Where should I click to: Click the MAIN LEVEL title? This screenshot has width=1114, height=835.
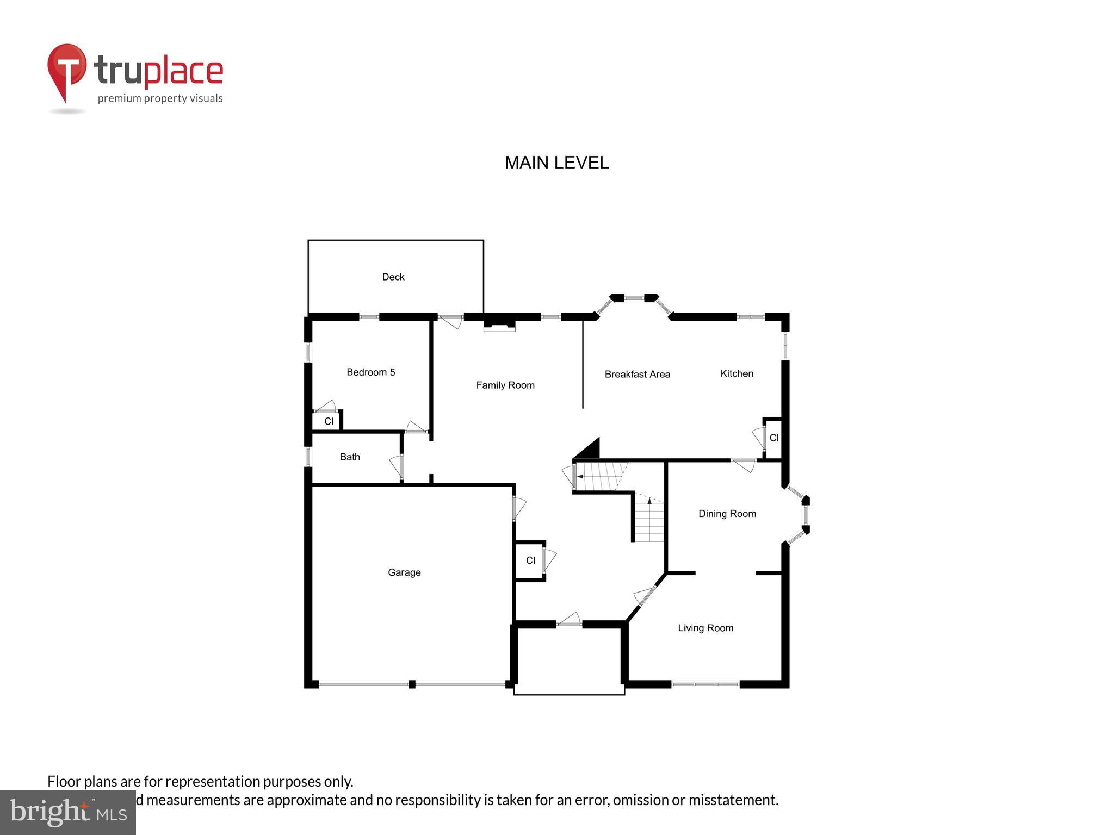click(x=556, y=163)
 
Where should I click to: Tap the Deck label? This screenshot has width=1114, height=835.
click(x=393, y=277)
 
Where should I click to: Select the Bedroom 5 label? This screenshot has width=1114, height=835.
click(x=370, y=372)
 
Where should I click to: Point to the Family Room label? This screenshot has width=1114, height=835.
click(x=505, y=385)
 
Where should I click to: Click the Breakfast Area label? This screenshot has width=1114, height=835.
click(x=637, y=374)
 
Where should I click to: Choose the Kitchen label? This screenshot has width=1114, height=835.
click(x=737, y=373)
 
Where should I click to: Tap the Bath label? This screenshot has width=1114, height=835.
click(x=350, y=457)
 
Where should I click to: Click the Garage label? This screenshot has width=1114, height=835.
click(x=404, y=572)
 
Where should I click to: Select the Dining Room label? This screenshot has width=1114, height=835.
click(x=727, y=514)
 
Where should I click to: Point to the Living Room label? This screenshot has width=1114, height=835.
click(x=705, y=628)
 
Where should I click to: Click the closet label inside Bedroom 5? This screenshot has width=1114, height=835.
click(x=329, y=421)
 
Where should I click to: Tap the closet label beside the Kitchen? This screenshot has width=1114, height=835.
click(x=774, y=438)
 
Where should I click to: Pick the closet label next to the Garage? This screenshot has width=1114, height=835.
click(x=530, y=560)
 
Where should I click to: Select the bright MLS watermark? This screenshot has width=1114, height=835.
click(x=68, y=812)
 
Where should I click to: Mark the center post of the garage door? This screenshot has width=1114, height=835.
click(x=412, y=684)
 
